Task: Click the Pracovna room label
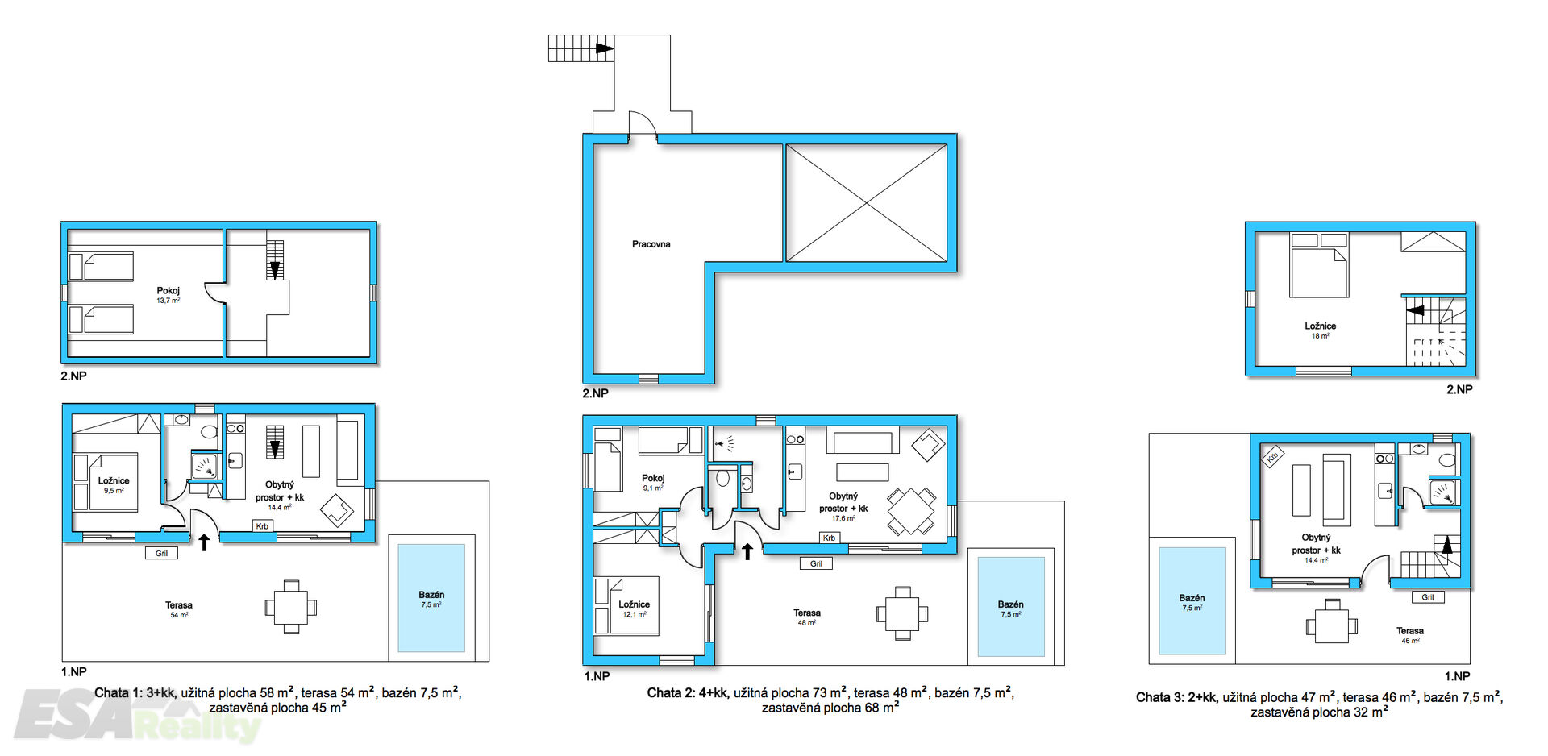point(651,244)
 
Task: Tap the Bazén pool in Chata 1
point(431,598)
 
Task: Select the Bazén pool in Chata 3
point(1192,601)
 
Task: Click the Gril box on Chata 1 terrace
point(161,553)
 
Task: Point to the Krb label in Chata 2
point(829,538)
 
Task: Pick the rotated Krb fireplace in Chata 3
point(1272,457)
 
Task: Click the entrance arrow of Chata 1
point(205,542)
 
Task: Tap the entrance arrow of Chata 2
point(747,551)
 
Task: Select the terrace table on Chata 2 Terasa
point(902,613)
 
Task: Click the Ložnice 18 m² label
point(1320,330)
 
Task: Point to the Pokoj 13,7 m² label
point(168,295)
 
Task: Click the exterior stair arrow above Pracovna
point(605,48)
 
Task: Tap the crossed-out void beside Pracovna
point(866,203)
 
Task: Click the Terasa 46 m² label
point(1410,635)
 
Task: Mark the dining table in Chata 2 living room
point(911,511)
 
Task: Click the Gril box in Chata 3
point(1428,597)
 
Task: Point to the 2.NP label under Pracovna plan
point(596,393)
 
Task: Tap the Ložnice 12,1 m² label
point(634,609)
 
